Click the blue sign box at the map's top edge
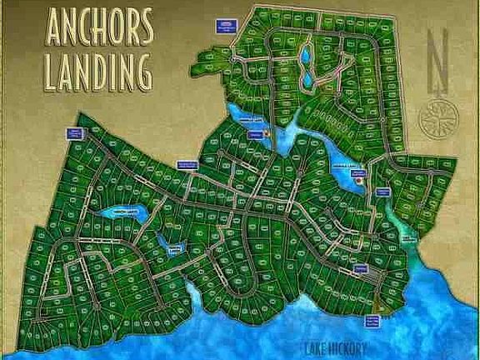(x=224, y=24)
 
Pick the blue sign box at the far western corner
(x=75, y=134)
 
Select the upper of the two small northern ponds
(x=305, y=57)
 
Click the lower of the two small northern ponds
(x=307, y=80)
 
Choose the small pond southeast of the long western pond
(x=172, y=247)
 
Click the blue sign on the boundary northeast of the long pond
(x=187, y=163)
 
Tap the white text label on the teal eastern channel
(x=409, y=237)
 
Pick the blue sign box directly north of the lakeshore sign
(x=360, y=268)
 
